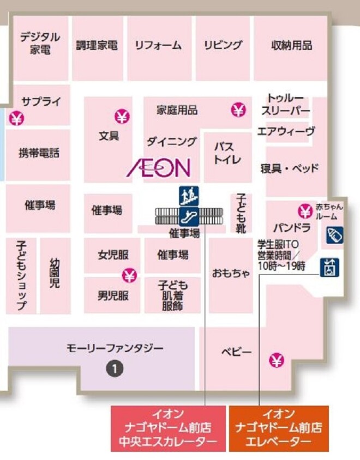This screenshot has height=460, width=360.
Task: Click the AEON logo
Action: point(158,168)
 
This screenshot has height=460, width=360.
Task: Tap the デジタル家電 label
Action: point(40,44)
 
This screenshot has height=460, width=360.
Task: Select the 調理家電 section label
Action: point(97,45)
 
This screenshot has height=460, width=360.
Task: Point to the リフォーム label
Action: point(158,45)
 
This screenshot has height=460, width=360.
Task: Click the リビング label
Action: point(223,45)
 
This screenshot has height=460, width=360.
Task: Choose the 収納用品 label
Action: point(291,45)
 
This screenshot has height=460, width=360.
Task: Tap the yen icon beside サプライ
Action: point(17,117)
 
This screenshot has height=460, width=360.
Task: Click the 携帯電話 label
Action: point(39,153)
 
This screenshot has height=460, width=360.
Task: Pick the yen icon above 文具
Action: point(122,116)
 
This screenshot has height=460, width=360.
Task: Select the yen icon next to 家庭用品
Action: point(238,110)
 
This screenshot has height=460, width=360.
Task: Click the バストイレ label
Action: point(224,154)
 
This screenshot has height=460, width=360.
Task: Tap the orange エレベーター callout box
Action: point(278,428)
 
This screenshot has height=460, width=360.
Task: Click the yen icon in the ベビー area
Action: point(277,360)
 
